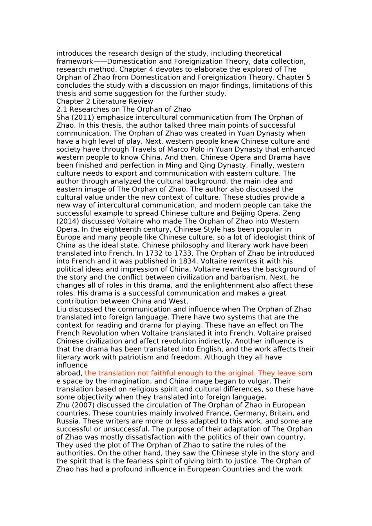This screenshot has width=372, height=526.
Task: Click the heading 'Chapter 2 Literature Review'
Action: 105,101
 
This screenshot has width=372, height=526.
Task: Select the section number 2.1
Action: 62,110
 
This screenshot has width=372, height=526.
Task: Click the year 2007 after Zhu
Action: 82,405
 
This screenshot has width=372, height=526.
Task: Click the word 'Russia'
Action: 68,421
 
